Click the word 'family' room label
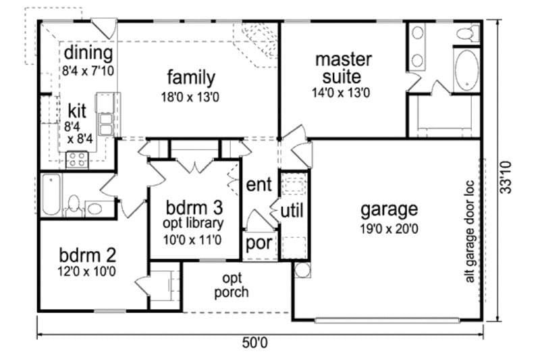click(x=191, y=78)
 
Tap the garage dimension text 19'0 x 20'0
click(x=389, y=229)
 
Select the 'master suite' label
click(x=344, y=68)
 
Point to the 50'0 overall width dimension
click(x=254, y=342)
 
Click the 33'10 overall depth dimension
click(x=506, y=178)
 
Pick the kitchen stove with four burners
click(x=77, y=159)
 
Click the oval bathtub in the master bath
click(x=466, y=70)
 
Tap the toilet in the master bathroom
click(x=468, y=33)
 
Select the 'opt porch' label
click(x=232, y=285)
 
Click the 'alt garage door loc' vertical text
click(x=470, y=232)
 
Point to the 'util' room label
click(x=292, y=211)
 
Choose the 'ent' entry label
click(x=259, y=184)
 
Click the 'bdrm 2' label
click(x=88, y=255)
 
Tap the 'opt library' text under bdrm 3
click(x=193, y=224)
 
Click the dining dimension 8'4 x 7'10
click(x=88, y=71)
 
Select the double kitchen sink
click(x=106, y=124)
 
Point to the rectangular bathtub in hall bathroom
click(x=52, y=195)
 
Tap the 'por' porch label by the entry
click(x=259, y=243)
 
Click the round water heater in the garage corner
click(x=302, y=270)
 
